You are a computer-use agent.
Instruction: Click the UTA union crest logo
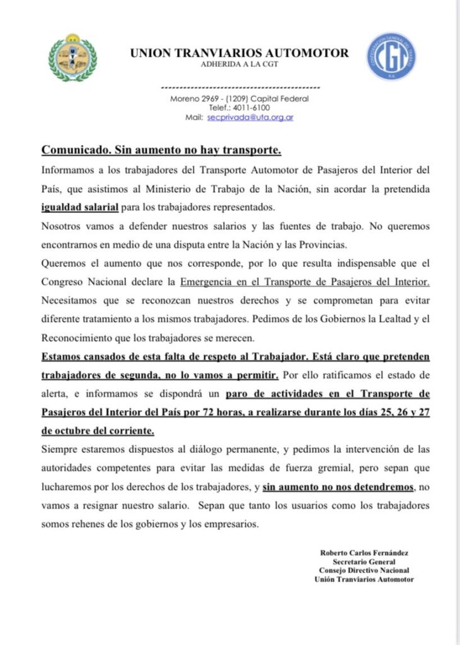click(72, 57)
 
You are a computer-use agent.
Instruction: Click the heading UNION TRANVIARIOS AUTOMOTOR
click(239, 54)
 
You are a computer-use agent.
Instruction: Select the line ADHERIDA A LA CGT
click(239, 65)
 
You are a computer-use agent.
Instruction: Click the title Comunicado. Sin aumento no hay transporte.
click(161, 151)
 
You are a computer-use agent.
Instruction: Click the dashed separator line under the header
click(241, 87)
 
